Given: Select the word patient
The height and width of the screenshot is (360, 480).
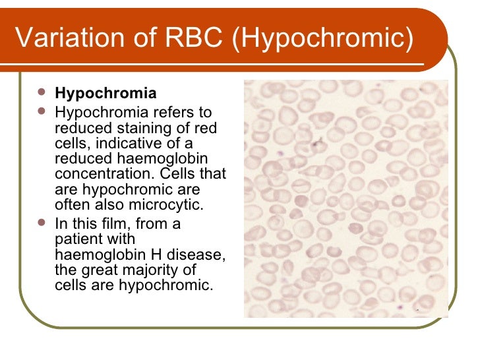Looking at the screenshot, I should pyautogui.click(x=75, y=239).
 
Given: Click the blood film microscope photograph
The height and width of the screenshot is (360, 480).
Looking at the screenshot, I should pyautogui.click(x=345, y=198).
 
